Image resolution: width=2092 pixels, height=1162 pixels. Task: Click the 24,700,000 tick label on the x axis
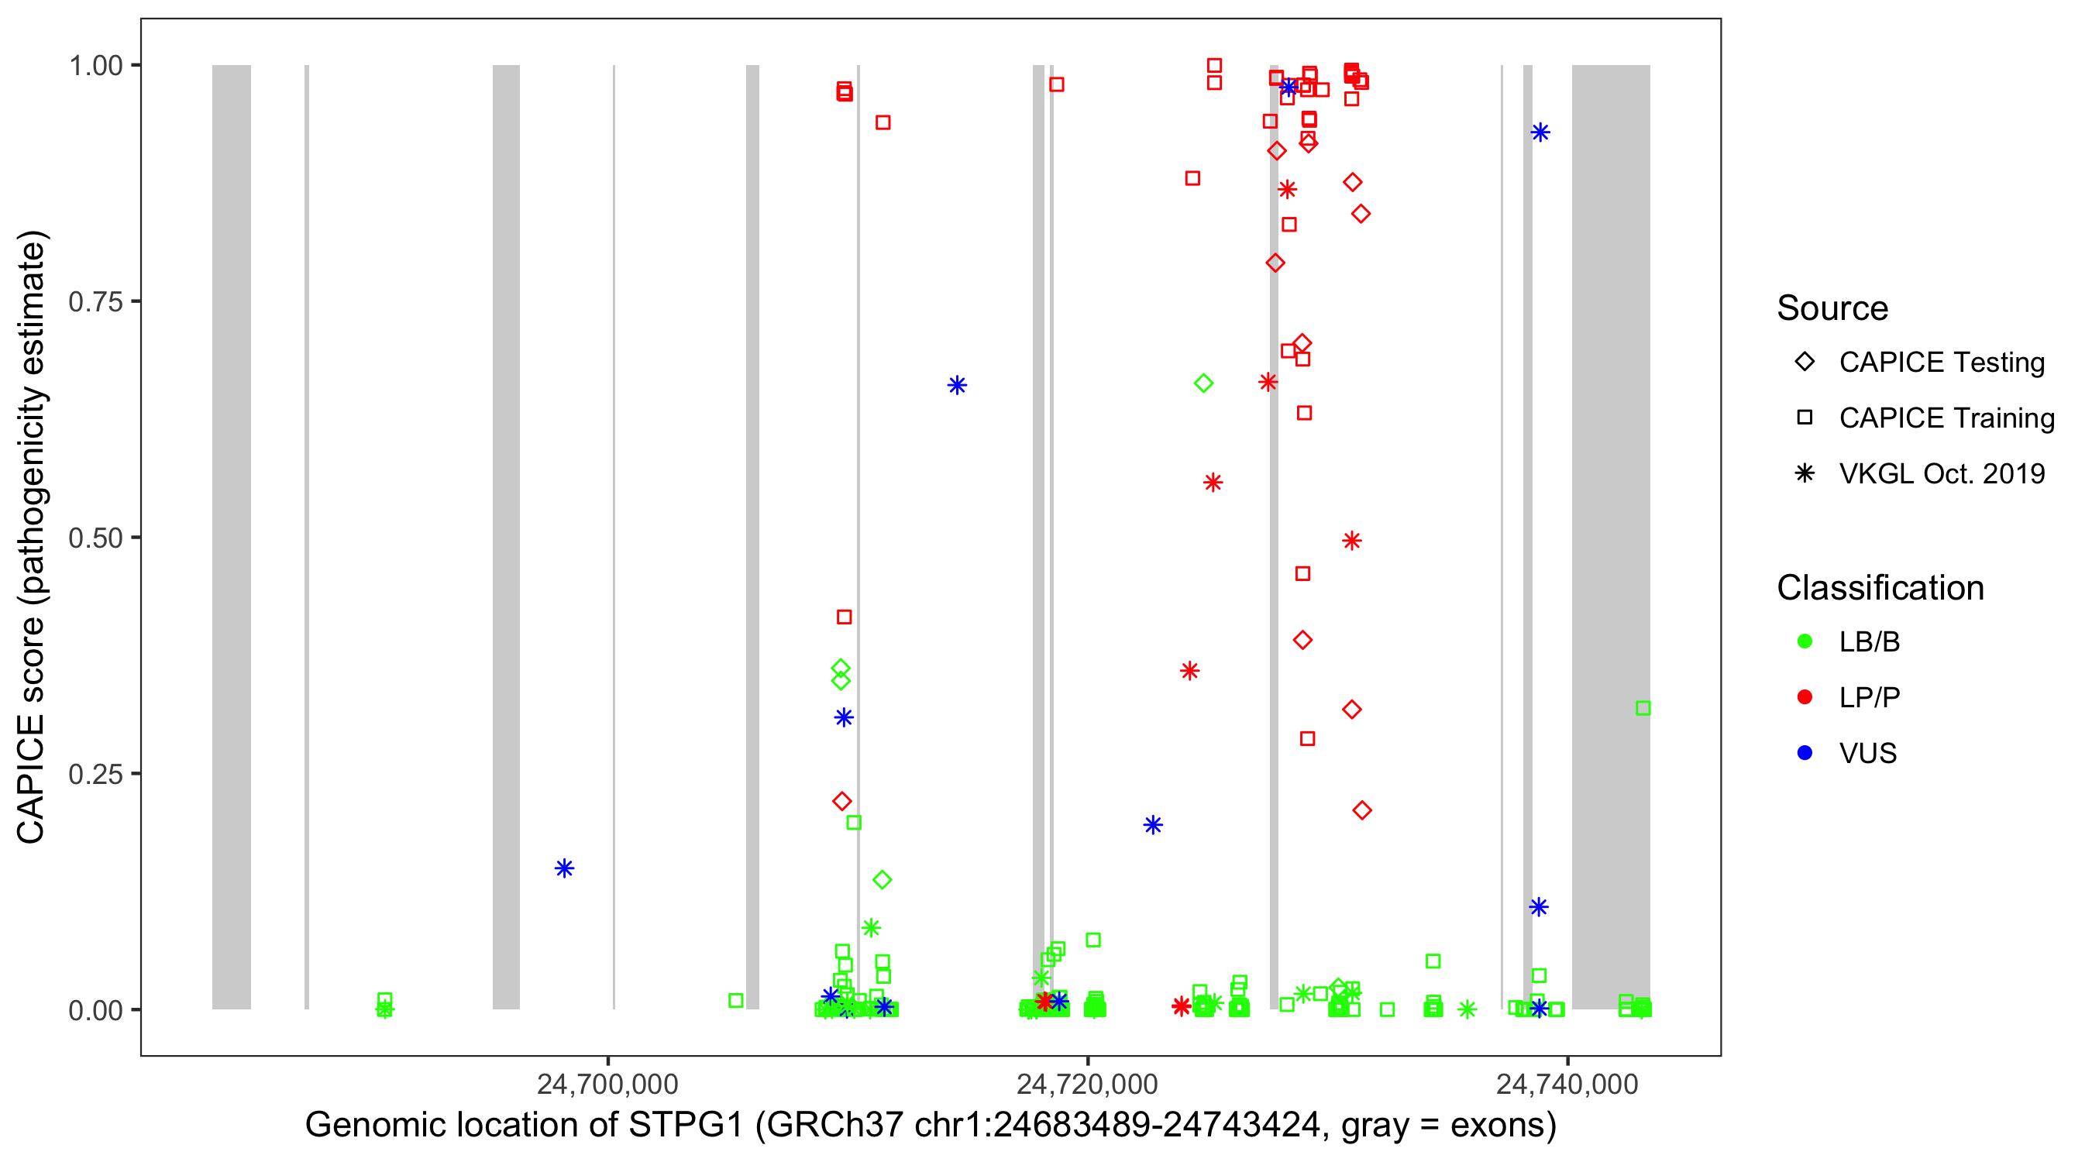tap(607, 1084)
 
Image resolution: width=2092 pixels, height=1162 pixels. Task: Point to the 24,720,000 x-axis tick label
tap(1087, 1084)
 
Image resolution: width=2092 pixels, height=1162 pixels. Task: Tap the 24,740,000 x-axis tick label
tap(1567, 1084)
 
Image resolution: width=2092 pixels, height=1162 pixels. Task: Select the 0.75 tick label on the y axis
tap(95, 302)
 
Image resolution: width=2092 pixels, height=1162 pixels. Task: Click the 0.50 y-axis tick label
tap(95, 538)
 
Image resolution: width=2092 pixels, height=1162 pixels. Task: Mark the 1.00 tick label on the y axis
tap(95, 66)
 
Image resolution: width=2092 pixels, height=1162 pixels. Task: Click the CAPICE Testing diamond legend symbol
tap(1805, 363)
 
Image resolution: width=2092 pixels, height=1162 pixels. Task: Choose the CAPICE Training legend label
tap(1946, 418)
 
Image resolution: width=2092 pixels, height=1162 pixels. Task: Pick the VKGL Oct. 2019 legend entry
tap(1941, 473)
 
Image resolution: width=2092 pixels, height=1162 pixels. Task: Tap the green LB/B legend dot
tap(1805, 641)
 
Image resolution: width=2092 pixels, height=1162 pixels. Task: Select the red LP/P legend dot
tap(1805, 697)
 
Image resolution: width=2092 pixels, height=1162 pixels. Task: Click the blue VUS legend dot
tap(1805, 753)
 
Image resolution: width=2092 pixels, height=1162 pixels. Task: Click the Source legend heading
tap(1832, 308)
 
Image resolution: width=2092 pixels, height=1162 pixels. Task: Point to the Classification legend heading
tap(1880, 588)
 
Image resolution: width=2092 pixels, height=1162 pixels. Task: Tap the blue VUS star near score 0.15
tap(564, 869)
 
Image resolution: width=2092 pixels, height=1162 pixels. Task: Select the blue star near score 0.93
tap(1540, 132)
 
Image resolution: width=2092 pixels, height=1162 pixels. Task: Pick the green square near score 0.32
tap(1643, 708)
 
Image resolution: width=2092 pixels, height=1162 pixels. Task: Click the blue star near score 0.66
tap(957, 385)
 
